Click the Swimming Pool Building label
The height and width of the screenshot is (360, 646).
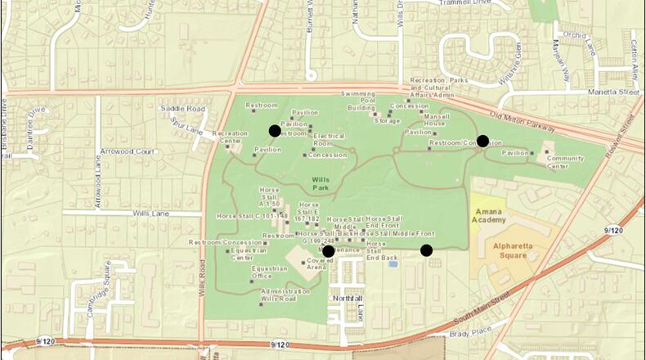coord(361,101)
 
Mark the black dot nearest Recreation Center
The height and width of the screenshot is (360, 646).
coord(275,130)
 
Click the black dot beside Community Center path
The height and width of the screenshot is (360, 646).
coord(482,141)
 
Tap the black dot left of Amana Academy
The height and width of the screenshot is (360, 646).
coord(426,250)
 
